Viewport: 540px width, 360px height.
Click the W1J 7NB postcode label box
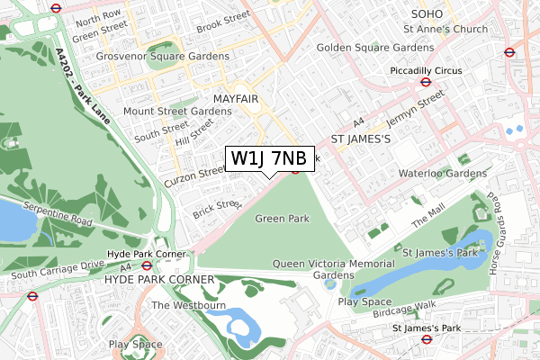(x=269, y=158)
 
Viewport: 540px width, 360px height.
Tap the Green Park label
(x=282, y=219)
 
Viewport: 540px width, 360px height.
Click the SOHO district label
(x=428, y=13)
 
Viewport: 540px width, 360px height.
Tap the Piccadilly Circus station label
(x=425, y=70)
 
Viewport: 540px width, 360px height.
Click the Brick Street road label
(x=217, y=210)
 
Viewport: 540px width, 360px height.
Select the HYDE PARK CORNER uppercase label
(x=159, y=280)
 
